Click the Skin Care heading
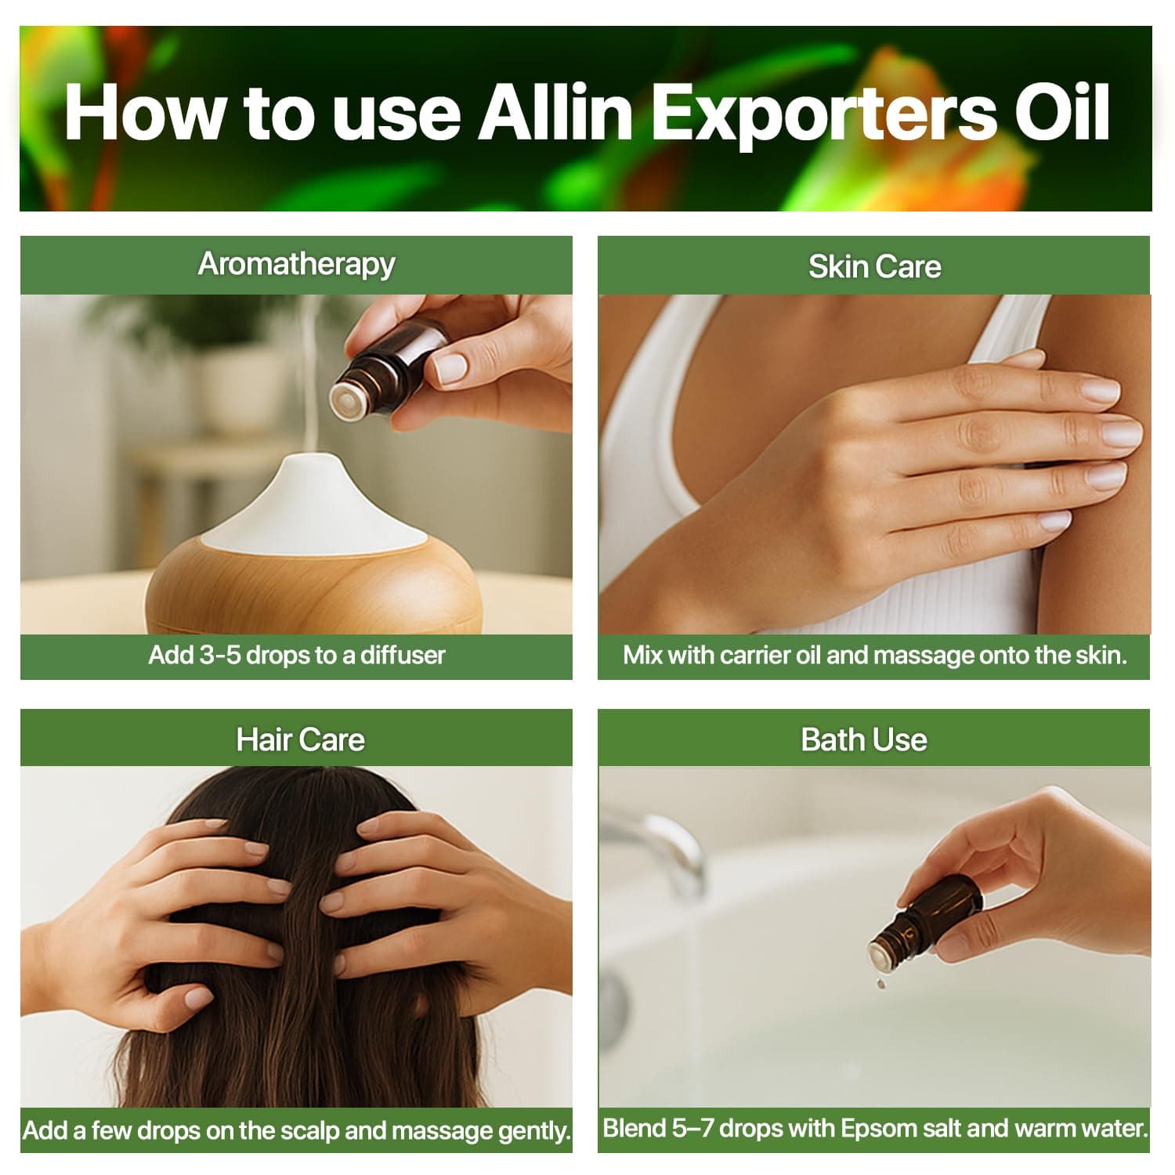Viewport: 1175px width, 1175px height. [875, 267]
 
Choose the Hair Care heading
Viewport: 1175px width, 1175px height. [301, 739]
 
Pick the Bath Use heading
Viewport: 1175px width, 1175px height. [864, 739]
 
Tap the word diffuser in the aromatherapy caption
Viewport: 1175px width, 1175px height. [403, 655]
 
